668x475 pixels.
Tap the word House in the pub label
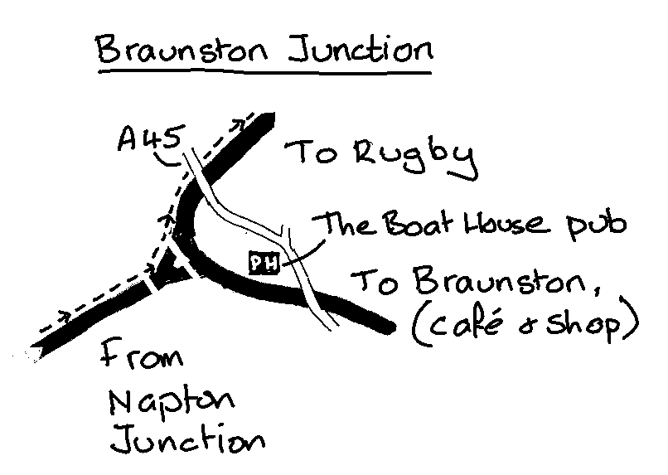tap(491, 225)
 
